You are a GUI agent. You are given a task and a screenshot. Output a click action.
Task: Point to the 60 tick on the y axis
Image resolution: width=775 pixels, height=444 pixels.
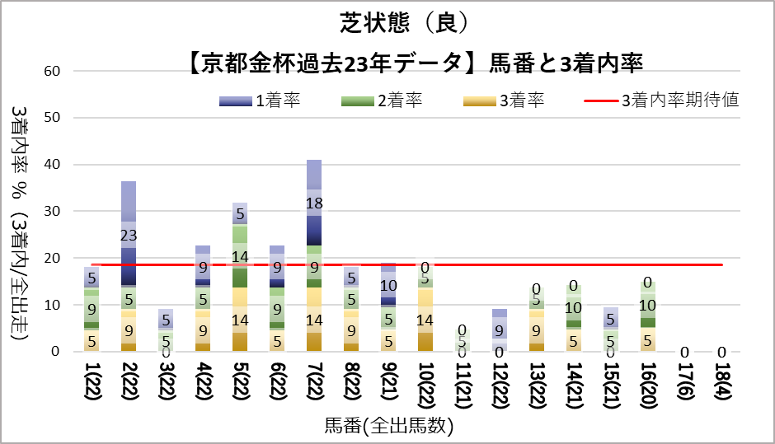click(52, 71)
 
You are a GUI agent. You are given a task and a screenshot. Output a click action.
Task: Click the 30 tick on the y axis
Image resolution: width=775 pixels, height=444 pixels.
click(52, 212)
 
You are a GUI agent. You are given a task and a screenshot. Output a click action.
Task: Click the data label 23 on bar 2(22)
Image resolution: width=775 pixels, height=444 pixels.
click(128, 236)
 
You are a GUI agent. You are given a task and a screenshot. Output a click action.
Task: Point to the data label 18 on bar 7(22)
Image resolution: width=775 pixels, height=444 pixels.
click(313, 203)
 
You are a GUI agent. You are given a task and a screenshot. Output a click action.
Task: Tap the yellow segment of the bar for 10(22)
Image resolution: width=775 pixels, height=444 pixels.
click(425, 320)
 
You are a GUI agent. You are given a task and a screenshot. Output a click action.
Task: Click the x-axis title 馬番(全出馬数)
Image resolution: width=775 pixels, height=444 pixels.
click(388, 427)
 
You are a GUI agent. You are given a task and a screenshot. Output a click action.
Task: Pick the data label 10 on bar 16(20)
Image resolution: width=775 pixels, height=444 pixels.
click(648, 305)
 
